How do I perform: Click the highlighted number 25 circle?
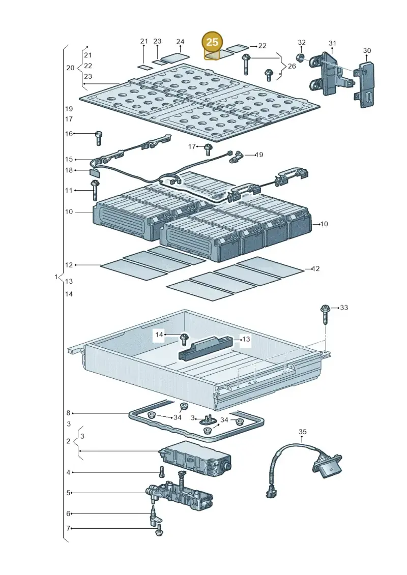[x=212, y=42]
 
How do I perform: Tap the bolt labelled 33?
[x=325, y=314]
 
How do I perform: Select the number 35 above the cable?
[x=302, y=432]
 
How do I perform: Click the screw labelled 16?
[x=98, y=138]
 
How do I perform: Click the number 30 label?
[x=367, y=51]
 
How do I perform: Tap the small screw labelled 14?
[x=184, y=339]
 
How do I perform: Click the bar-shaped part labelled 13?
[x=206, y=348]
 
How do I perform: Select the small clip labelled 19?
[x=236, y=157]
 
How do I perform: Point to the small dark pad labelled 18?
[x=95, y=171]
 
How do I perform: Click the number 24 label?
[x=180, y=42]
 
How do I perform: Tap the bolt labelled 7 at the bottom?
[x=159, y=530]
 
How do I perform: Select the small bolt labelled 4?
[x=161, y=472]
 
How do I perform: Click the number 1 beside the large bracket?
[x=56, y=277]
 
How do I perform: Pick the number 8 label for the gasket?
[x=68, y=413]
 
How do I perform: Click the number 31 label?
[x=332, y=43]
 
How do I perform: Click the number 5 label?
[x=68, y=493]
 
